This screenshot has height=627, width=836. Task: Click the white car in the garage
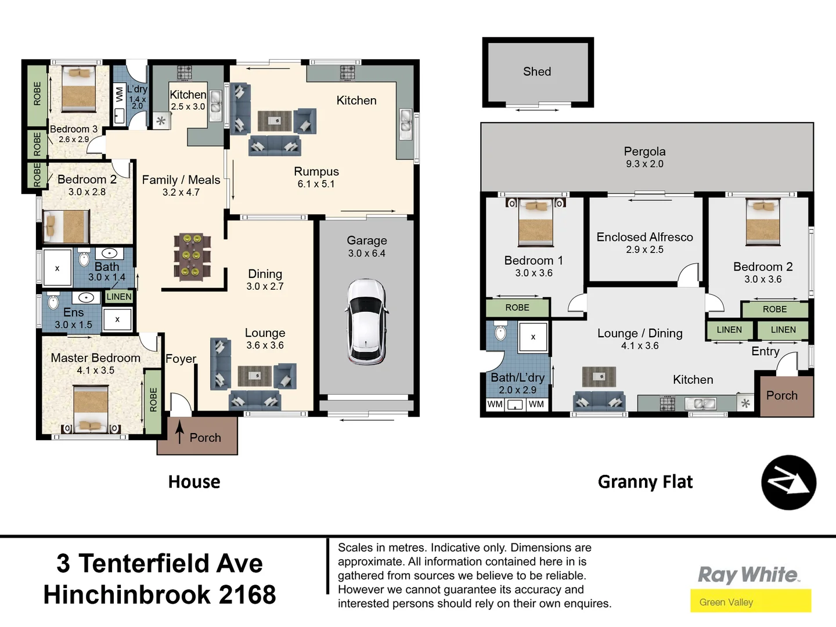pos(366,321)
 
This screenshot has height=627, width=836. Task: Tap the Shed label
pos(537,71)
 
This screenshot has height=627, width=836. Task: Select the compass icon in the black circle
pos(788,482)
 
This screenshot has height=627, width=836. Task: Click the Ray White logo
pos(748,575)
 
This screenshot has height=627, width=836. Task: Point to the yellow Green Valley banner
pos(750,601)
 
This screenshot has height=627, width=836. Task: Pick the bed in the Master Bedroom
pos(91,410)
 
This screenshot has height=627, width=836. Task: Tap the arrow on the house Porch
pos(180,432)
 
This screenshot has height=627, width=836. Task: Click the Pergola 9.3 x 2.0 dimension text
pos(644,164)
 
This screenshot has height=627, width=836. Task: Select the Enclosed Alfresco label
pos(644,237)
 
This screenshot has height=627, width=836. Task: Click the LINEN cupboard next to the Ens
pos(119,297)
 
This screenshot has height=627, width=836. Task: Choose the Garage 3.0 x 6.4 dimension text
pos(366,253)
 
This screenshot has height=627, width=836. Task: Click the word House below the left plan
pos(194,482)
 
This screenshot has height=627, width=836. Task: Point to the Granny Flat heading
pos(645,482)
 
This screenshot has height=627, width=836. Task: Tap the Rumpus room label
pos(316,171)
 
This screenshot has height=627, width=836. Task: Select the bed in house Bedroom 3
pos(78,89)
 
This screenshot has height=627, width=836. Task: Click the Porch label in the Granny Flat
pos(781,395)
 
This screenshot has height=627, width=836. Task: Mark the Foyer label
pos(181,359)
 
